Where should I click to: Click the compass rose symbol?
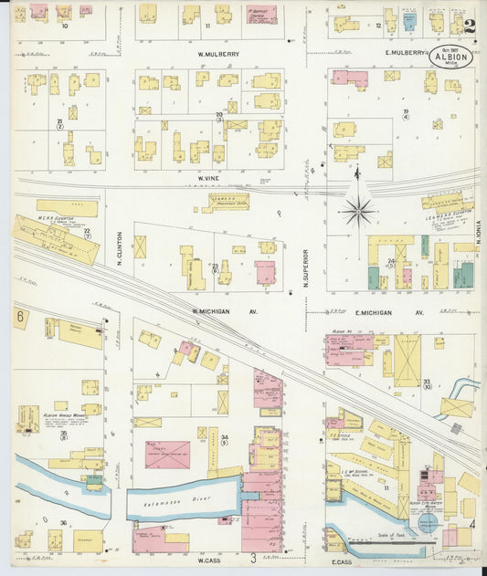(357, 211)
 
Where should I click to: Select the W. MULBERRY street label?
(218, 54)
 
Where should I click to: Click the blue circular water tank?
(427, 523)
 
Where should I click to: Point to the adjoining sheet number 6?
(19, 316)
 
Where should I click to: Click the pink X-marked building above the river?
(167, 454)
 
